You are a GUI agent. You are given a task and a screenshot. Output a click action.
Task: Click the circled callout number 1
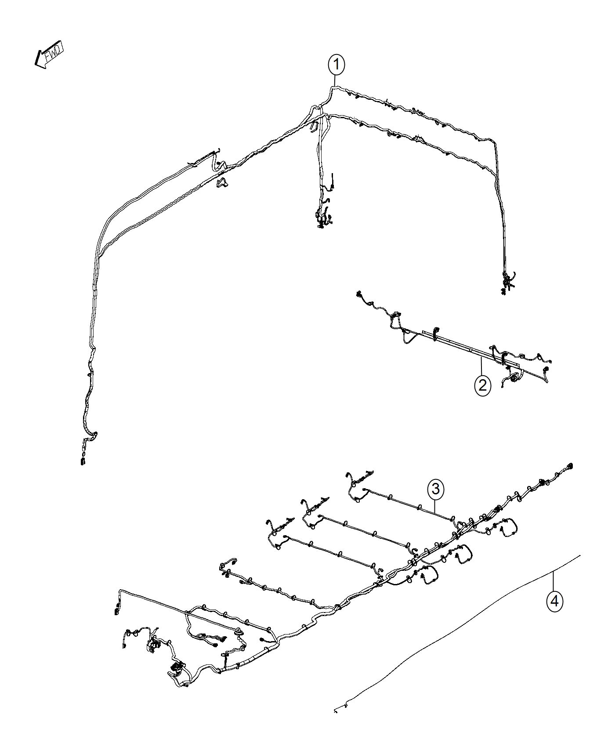point(336,65)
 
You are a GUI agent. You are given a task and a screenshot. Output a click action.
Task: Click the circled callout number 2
point(482,385)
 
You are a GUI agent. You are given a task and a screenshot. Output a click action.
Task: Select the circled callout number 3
point(435,489)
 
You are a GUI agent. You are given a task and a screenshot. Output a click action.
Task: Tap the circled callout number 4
point(555,600)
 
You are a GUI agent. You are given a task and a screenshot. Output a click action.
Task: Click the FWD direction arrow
point(50,54)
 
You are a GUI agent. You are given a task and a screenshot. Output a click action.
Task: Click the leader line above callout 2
point(481,366)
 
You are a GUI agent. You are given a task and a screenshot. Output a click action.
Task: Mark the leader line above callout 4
point(554,580)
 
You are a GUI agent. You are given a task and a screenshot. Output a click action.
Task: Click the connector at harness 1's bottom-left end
point(82,461)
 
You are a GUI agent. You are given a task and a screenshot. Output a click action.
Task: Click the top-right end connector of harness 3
point(570,466)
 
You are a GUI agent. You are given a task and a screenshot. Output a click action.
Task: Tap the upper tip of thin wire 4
point(580,556)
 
